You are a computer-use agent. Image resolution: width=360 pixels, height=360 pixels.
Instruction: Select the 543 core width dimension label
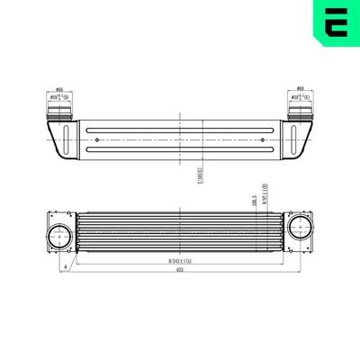coord(179,261)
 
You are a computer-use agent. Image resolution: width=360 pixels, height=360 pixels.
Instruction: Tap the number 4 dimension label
coord(66,267)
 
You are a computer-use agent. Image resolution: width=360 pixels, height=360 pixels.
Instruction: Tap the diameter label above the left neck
coord(59,90)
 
